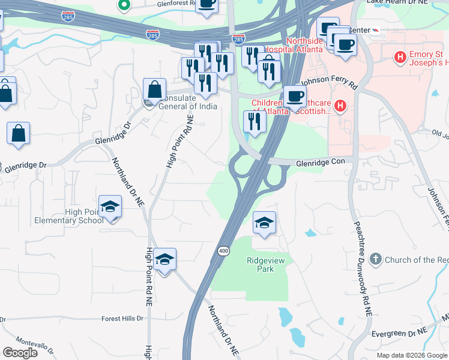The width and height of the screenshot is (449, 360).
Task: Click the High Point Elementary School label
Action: pos(86,215)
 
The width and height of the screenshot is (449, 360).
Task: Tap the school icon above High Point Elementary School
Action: pos(110,207)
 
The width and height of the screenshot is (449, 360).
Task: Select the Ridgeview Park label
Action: pos(261,265)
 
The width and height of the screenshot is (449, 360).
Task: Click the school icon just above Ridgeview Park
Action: pos(265,223)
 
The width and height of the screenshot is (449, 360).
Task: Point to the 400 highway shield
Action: pos(223,250)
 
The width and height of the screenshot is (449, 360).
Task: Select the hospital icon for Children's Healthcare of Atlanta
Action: pos(340,107)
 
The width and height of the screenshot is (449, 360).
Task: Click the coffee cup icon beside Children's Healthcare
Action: pos(295,96)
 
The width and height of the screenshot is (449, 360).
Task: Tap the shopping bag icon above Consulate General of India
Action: pos(155,89)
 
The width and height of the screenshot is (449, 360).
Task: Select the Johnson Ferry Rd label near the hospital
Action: pos(329,82)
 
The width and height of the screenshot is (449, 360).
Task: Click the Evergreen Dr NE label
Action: pos(398,331)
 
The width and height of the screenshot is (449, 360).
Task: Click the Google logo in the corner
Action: pos(20,353)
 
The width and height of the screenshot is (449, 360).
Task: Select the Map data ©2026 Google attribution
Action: pos(411,355)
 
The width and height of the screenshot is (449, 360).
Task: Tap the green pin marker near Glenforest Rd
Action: pos(124,6)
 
